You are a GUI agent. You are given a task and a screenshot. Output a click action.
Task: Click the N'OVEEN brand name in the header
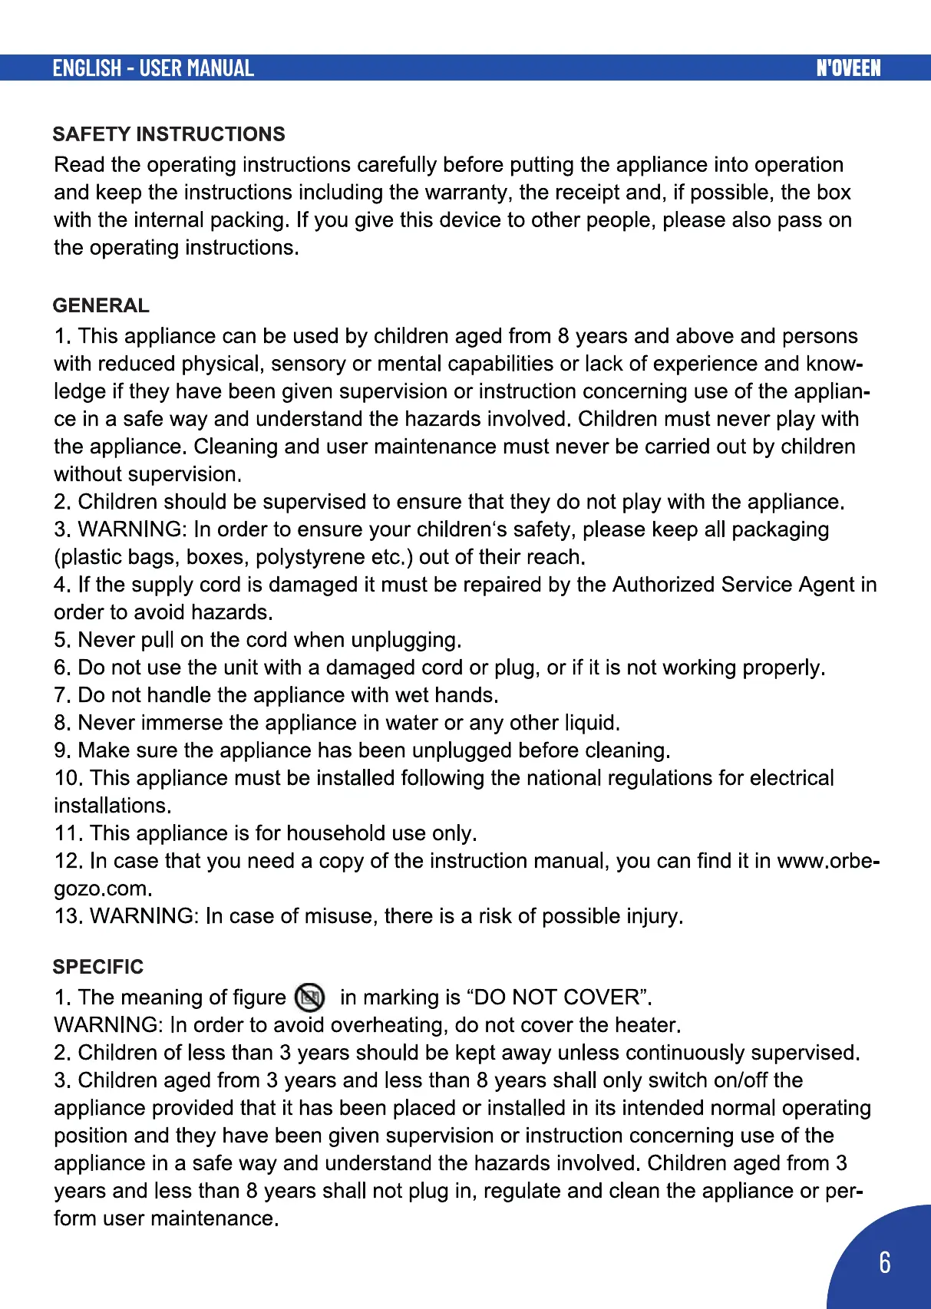[x=848, y=68]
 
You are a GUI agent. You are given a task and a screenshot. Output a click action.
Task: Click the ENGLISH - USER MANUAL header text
[x=153, y=68]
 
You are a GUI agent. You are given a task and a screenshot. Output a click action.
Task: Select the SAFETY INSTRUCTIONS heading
[x=169, y=134]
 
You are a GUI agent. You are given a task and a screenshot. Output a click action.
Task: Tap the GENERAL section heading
[x=101, y=305]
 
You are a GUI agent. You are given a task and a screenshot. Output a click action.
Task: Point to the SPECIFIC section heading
[x=98, y=967]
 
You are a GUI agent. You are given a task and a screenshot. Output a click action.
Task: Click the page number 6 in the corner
[x=885, y=1262]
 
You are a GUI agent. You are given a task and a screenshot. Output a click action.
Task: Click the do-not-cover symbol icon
[x=310, y=997]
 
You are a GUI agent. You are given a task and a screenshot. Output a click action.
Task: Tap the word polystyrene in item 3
[x=311, y=557]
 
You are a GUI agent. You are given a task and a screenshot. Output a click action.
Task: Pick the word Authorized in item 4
[x=663, y=585]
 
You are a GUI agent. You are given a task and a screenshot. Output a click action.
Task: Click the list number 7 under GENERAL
[x=61, y=695]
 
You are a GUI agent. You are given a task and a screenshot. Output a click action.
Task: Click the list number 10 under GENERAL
[x=67, y=778]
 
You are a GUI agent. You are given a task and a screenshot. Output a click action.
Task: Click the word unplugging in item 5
[x=406, y=640]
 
